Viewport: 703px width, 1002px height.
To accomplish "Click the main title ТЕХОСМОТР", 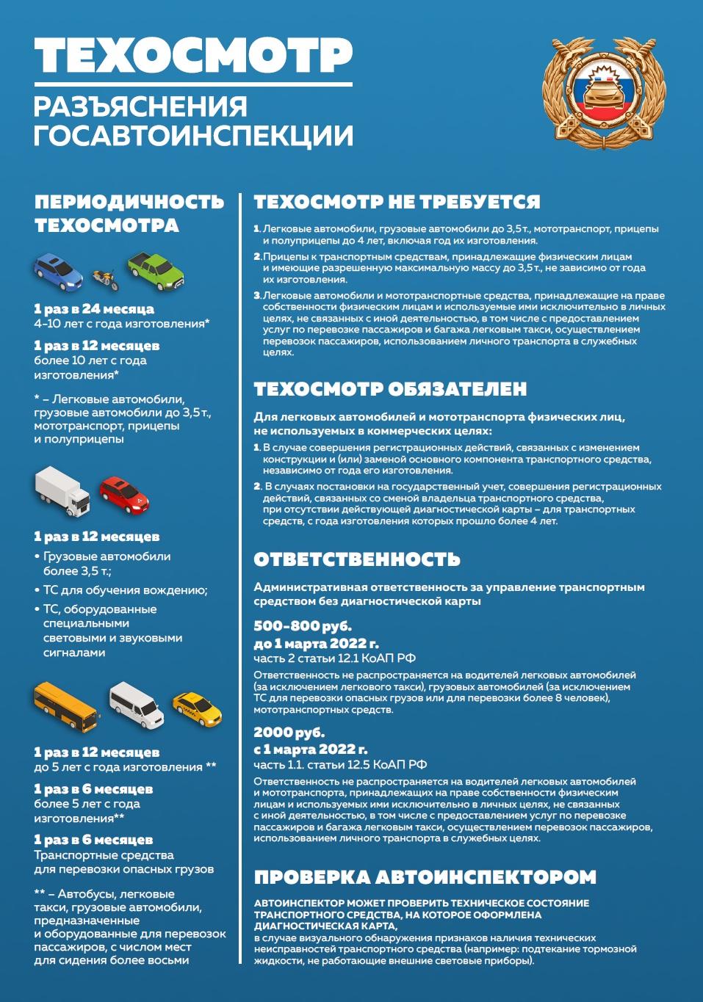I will point(193,55).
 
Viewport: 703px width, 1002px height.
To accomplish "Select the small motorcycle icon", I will point(105,279).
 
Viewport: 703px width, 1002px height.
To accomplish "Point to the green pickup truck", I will point(156,271).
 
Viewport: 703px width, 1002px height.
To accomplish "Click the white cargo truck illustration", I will point(62,490).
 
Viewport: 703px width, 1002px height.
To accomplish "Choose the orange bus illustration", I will point(65,705).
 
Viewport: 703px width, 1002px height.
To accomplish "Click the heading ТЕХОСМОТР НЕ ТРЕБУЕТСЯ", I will point(397,202).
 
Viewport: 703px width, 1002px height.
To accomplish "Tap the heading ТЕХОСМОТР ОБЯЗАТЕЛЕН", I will point(390,389).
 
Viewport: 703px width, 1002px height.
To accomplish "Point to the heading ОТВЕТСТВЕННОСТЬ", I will point(357,559).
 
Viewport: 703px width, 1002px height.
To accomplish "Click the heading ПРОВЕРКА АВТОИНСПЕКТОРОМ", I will point(425,877).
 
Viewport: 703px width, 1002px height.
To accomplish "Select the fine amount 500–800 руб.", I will point(303,626).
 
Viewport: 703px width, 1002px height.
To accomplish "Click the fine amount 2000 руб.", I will point(289,733).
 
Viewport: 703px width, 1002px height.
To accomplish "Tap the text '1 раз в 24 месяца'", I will point(94,309).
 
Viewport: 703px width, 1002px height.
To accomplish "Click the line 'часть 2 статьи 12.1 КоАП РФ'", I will point(334,658).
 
